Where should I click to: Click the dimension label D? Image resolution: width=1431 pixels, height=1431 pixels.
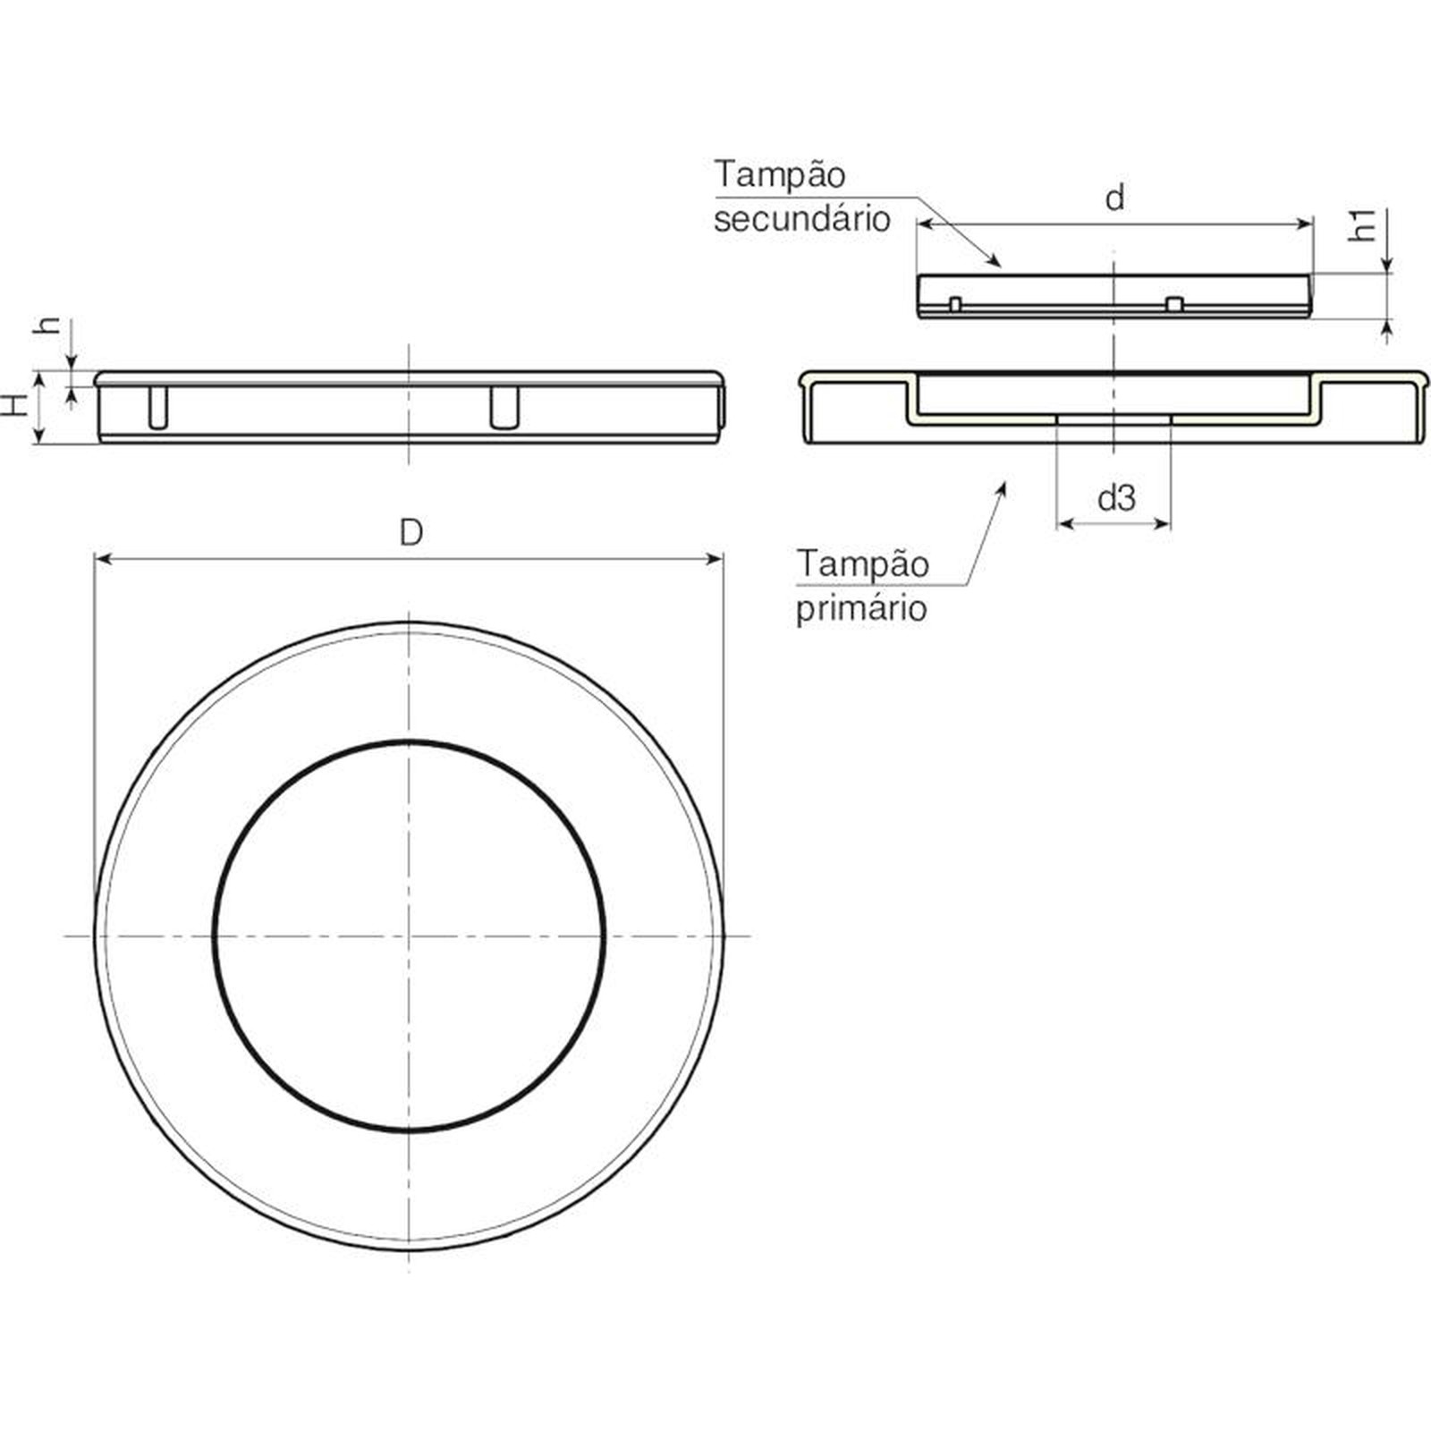(x=411, y=533)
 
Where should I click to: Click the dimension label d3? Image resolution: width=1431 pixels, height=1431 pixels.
(x=1116, y=497)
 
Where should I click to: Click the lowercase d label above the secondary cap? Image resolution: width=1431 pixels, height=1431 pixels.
(x=1114, y=198)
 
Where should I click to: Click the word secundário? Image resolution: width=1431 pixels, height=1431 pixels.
(x=802, y=219)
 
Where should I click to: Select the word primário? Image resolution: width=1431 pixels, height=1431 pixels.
(x=861, y=608)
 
